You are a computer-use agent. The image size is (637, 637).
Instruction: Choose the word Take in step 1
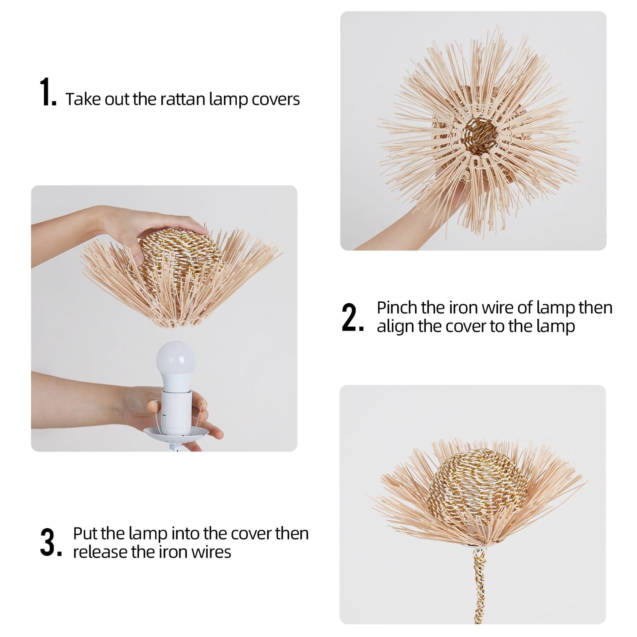pyautogui.click(x=83, y=99)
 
